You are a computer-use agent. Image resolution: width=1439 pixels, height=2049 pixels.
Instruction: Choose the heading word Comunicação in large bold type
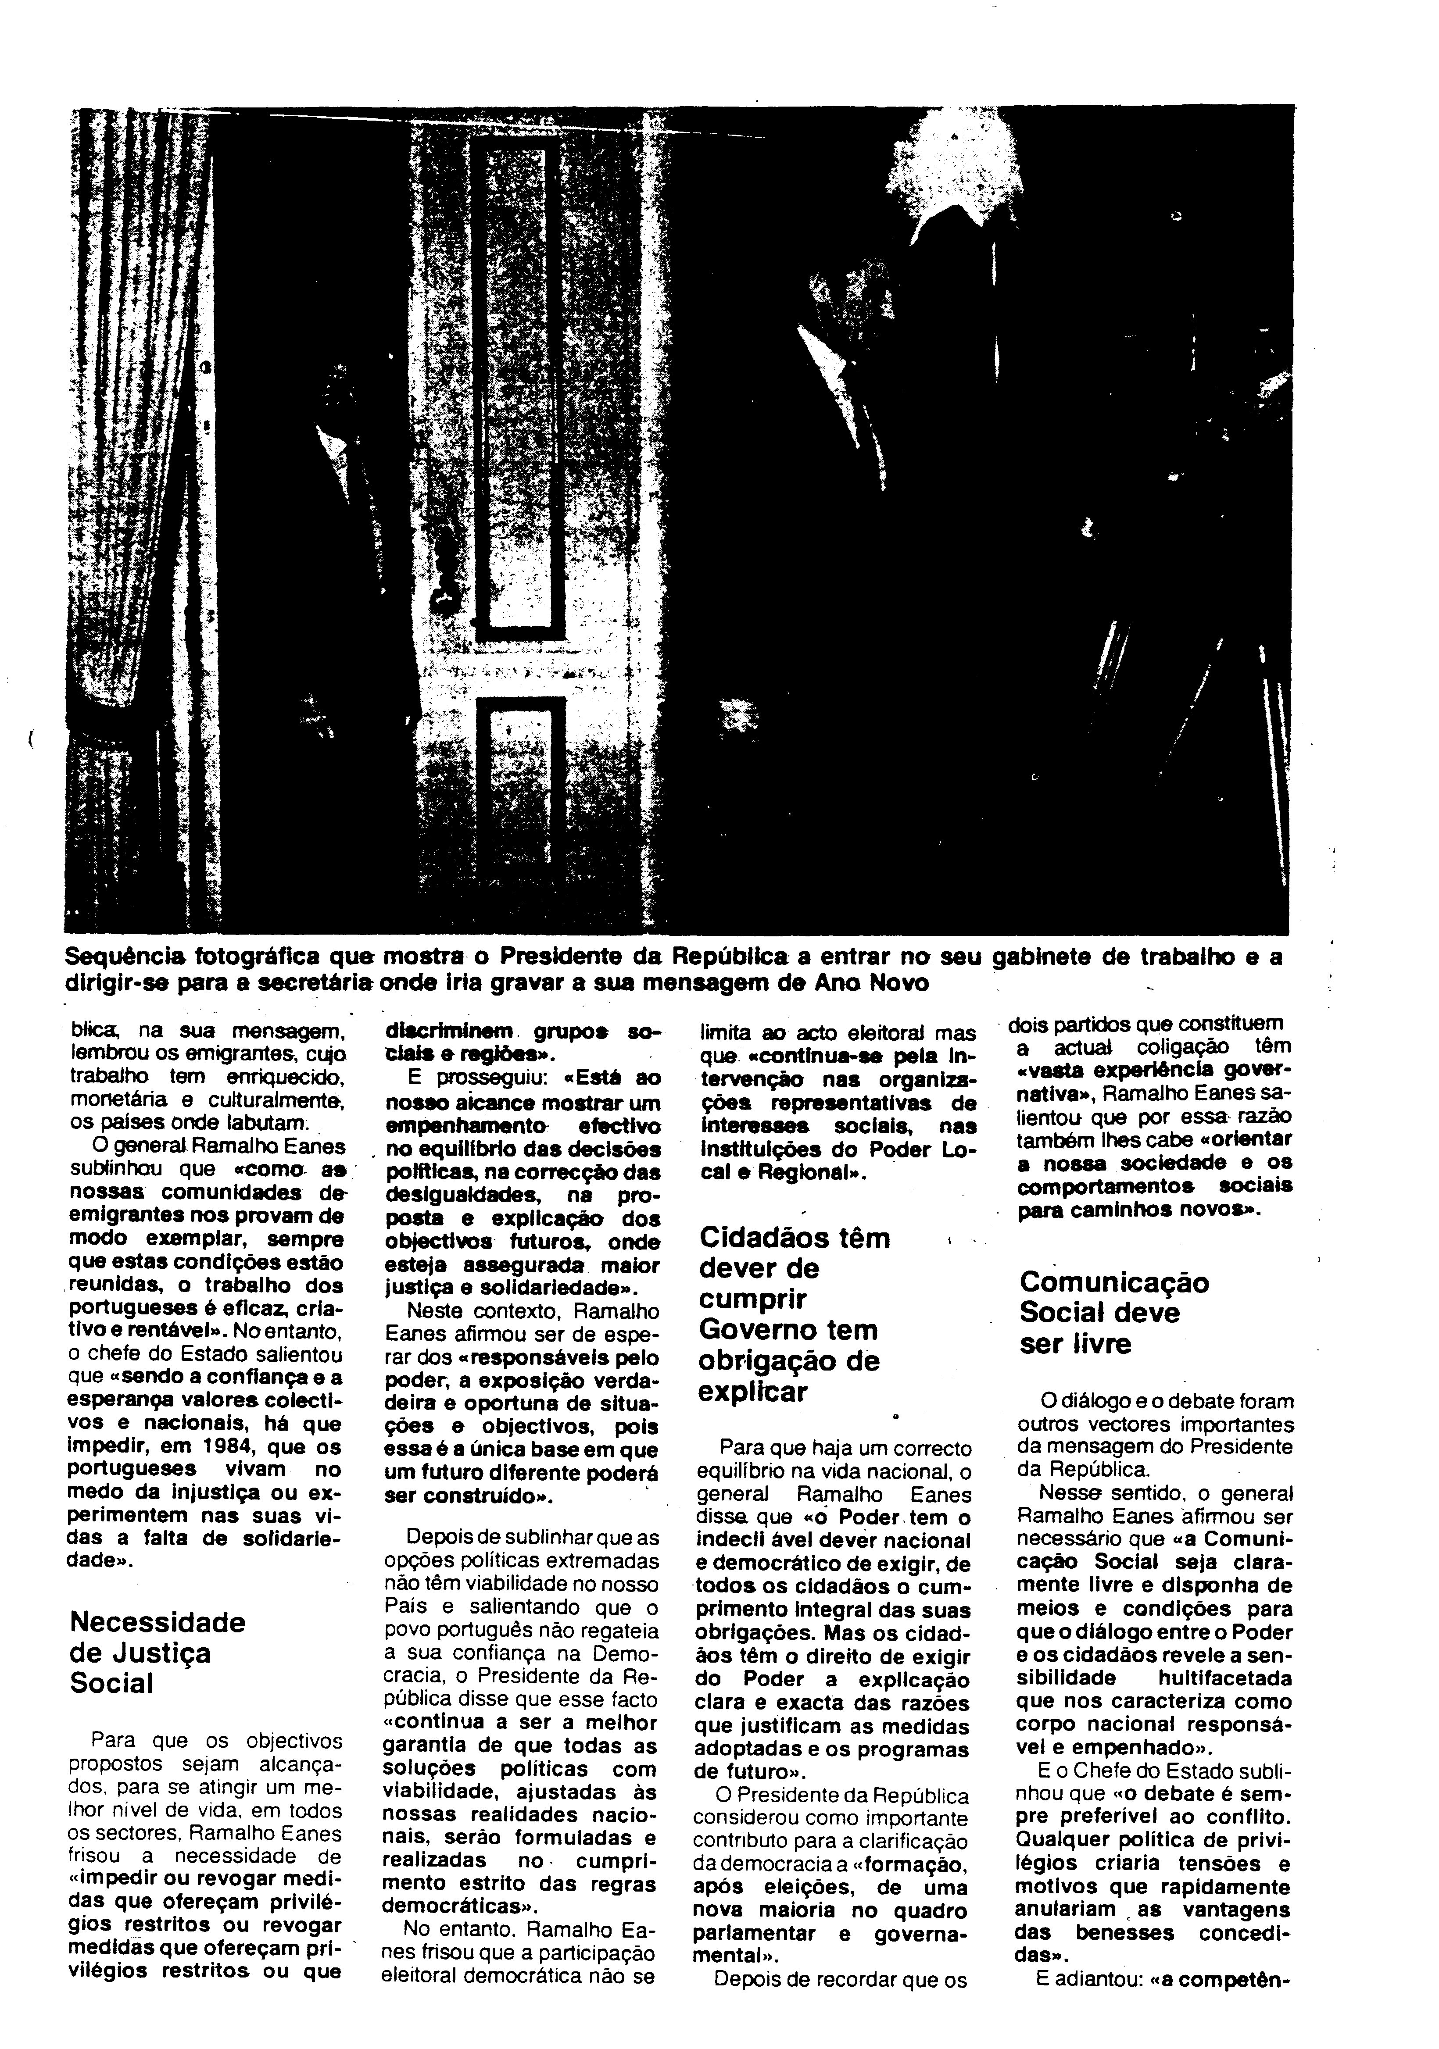[1114, 1282]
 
